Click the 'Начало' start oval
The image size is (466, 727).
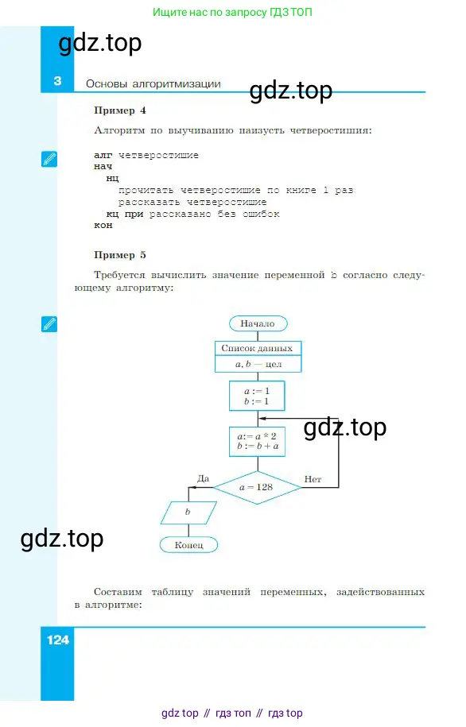coord(258,323)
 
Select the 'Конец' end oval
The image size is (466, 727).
coord(188,545)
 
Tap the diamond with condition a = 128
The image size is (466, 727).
coord(257,487)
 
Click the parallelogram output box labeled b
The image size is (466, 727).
coord(188,512)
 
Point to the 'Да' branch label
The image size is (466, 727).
coord(204,478)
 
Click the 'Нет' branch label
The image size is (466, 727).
coord(313,479)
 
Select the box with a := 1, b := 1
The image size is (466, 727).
coord(257,396)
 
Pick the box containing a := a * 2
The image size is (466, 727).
coord(257,442)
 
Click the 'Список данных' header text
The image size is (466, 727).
coord(257,348)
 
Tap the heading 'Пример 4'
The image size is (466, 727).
coord(120,110)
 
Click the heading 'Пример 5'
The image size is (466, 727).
coord(120,255)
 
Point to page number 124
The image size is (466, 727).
coord(57,640)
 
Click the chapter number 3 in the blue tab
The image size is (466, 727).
coord(57,81)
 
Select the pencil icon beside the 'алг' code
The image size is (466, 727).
coord(49,159)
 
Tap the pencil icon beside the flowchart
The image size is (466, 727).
coord(49,324)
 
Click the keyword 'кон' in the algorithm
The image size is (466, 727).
coord(103,226)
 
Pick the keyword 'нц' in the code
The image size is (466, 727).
coord(112,179)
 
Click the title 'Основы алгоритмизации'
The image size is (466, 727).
coord(153,84)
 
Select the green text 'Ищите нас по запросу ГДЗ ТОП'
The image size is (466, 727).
coord(232,12)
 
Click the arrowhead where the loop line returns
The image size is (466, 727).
coord(262,419)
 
